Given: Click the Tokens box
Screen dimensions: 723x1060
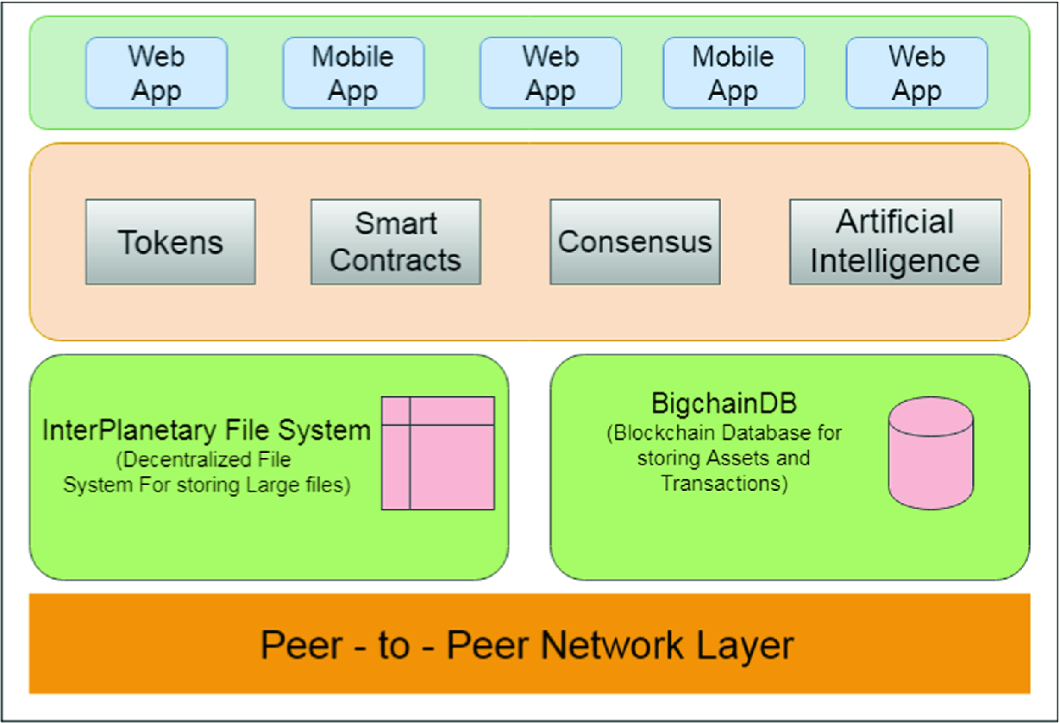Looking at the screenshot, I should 170,242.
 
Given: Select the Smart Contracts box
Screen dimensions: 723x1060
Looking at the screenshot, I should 395,242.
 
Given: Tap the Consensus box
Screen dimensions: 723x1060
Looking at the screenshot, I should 635,242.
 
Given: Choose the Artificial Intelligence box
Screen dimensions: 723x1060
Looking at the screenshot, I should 895,242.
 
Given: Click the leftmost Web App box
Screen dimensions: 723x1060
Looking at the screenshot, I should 156,73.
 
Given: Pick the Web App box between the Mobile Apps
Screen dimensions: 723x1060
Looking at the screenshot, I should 550,73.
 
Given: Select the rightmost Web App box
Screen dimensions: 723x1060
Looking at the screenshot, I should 916,73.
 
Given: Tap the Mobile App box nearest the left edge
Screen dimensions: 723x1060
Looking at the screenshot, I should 353,73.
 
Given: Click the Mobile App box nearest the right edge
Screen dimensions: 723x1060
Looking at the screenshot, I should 733,73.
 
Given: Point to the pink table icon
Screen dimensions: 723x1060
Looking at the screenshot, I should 438,453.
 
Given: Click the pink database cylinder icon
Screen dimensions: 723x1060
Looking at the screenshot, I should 931,453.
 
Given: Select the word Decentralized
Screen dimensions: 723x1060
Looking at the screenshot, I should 179,460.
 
